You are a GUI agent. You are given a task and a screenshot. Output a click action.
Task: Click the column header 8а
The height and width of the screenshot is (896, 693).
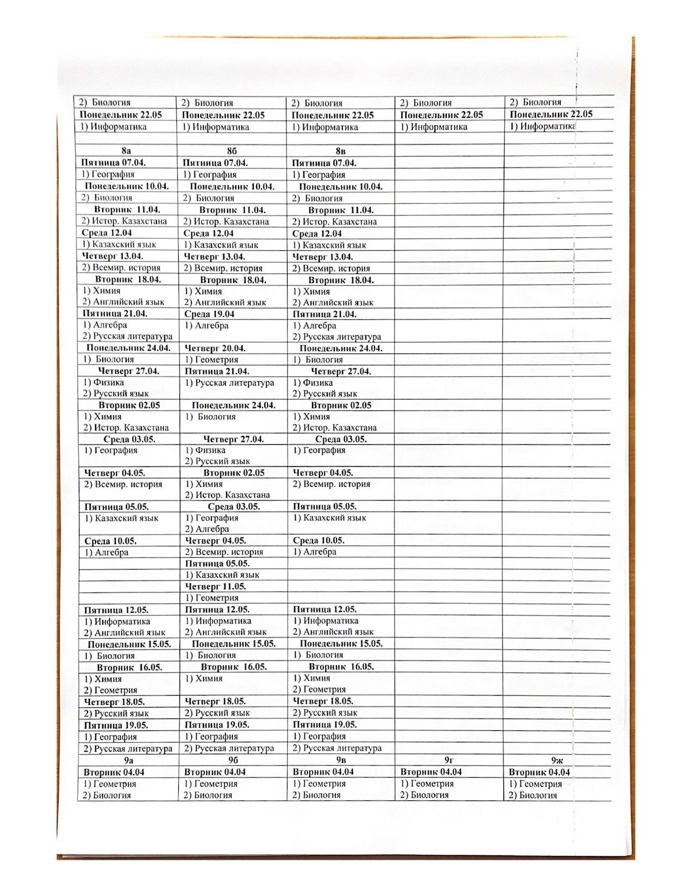pos(126,151)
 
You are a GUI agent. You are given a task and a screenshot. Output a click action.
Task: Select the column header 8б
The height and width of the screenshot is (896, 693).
pos(232,151)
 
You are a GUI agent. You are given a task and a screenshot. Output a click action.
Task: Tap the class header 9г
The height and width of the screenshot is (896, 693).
pos(449,760)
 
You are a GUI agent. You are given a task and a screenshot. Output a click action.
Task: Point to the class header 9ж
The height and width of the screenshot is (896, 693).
pos(557,760)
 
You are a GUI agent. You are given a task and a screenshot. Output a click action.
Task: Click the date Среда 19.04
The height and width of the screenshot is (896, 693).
pos(209,314)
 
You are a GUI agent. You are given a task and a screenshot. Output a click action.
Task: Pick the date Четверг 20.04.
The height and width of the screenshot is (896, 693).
pos(215,348)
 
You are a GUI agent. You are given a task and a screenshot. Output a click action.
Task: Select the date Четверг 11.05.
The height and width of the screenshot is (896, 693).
pos(215,586)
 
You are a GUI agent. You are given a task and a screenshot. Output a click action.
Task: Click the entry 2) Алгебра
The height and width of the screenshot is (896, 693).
pos(207,529)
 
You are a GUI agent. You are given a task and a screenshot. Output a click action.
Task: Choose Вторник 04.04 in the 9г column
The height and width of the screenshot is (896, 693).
pos(431,772)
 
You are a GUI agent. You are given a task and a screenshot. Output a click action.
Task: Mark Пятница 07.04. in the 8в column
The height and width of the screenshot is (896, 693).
pos(324,162)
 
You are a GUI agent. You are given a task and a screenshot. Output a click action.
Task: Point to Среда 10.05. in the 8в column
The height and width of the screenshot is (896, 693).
pos(319,540)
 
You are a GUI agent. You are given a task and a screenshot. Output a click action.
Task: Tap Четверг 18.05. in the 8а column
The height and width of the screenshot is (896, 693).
pos(114,702)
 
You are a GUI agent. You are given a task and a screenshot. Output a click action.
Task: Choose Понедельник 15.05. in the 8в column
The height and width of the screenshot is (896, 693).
pos(341,643)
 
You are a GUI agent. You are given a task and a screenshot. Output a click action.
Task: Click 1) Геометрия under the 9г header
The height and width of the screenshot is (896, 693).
pos(427,784)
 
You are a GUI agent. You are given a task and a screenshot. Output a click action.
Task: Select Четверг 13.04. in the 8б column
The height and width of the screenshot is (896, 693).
pos(215,256)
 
